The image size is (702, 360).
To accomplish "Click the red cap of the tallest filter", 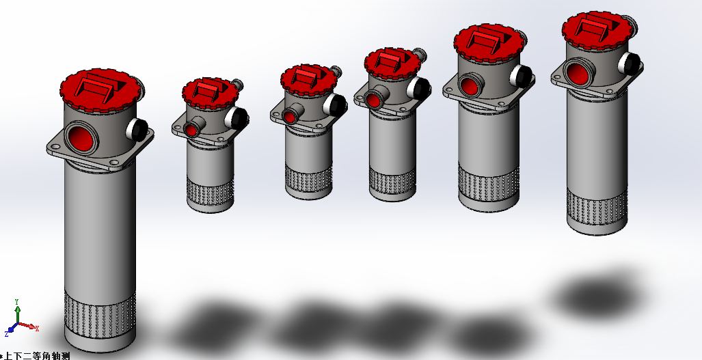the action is click(x=100, y=90).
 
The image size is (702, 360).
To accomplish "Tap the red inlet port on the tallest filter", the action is click(x=81, y=138).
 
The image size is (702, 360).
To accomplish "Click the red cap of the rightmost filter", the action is click(x=597, y=31).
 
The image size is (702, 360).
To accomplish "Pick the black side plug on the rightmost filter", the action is click(x=630, y=64).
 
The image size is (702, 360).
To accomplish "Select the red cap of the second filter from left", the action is click(x=210, y=93).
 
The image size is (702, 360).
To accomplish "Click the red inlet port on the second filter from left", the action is click(x=191, y=130).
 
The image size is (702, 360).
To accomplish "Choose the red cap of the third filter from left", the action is click(x=308, y=80).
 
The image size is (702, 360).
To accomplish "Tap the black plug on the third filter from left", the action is click(x=338, y=105).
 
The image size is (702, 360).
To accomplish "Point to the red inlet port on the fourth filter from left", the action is click(x=373, y=100).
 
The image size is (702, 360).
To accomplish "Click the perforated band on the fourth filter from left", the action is click(x=392, y=181).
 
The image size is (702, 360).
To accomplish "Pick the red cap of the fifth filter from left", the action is click(x=489, y=42).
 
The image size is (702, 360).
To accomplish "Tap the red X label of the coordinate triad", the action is click(x=37, y=329).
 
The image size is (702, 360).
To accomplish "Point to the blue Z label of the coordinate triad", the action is click(x=7, y=334).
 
